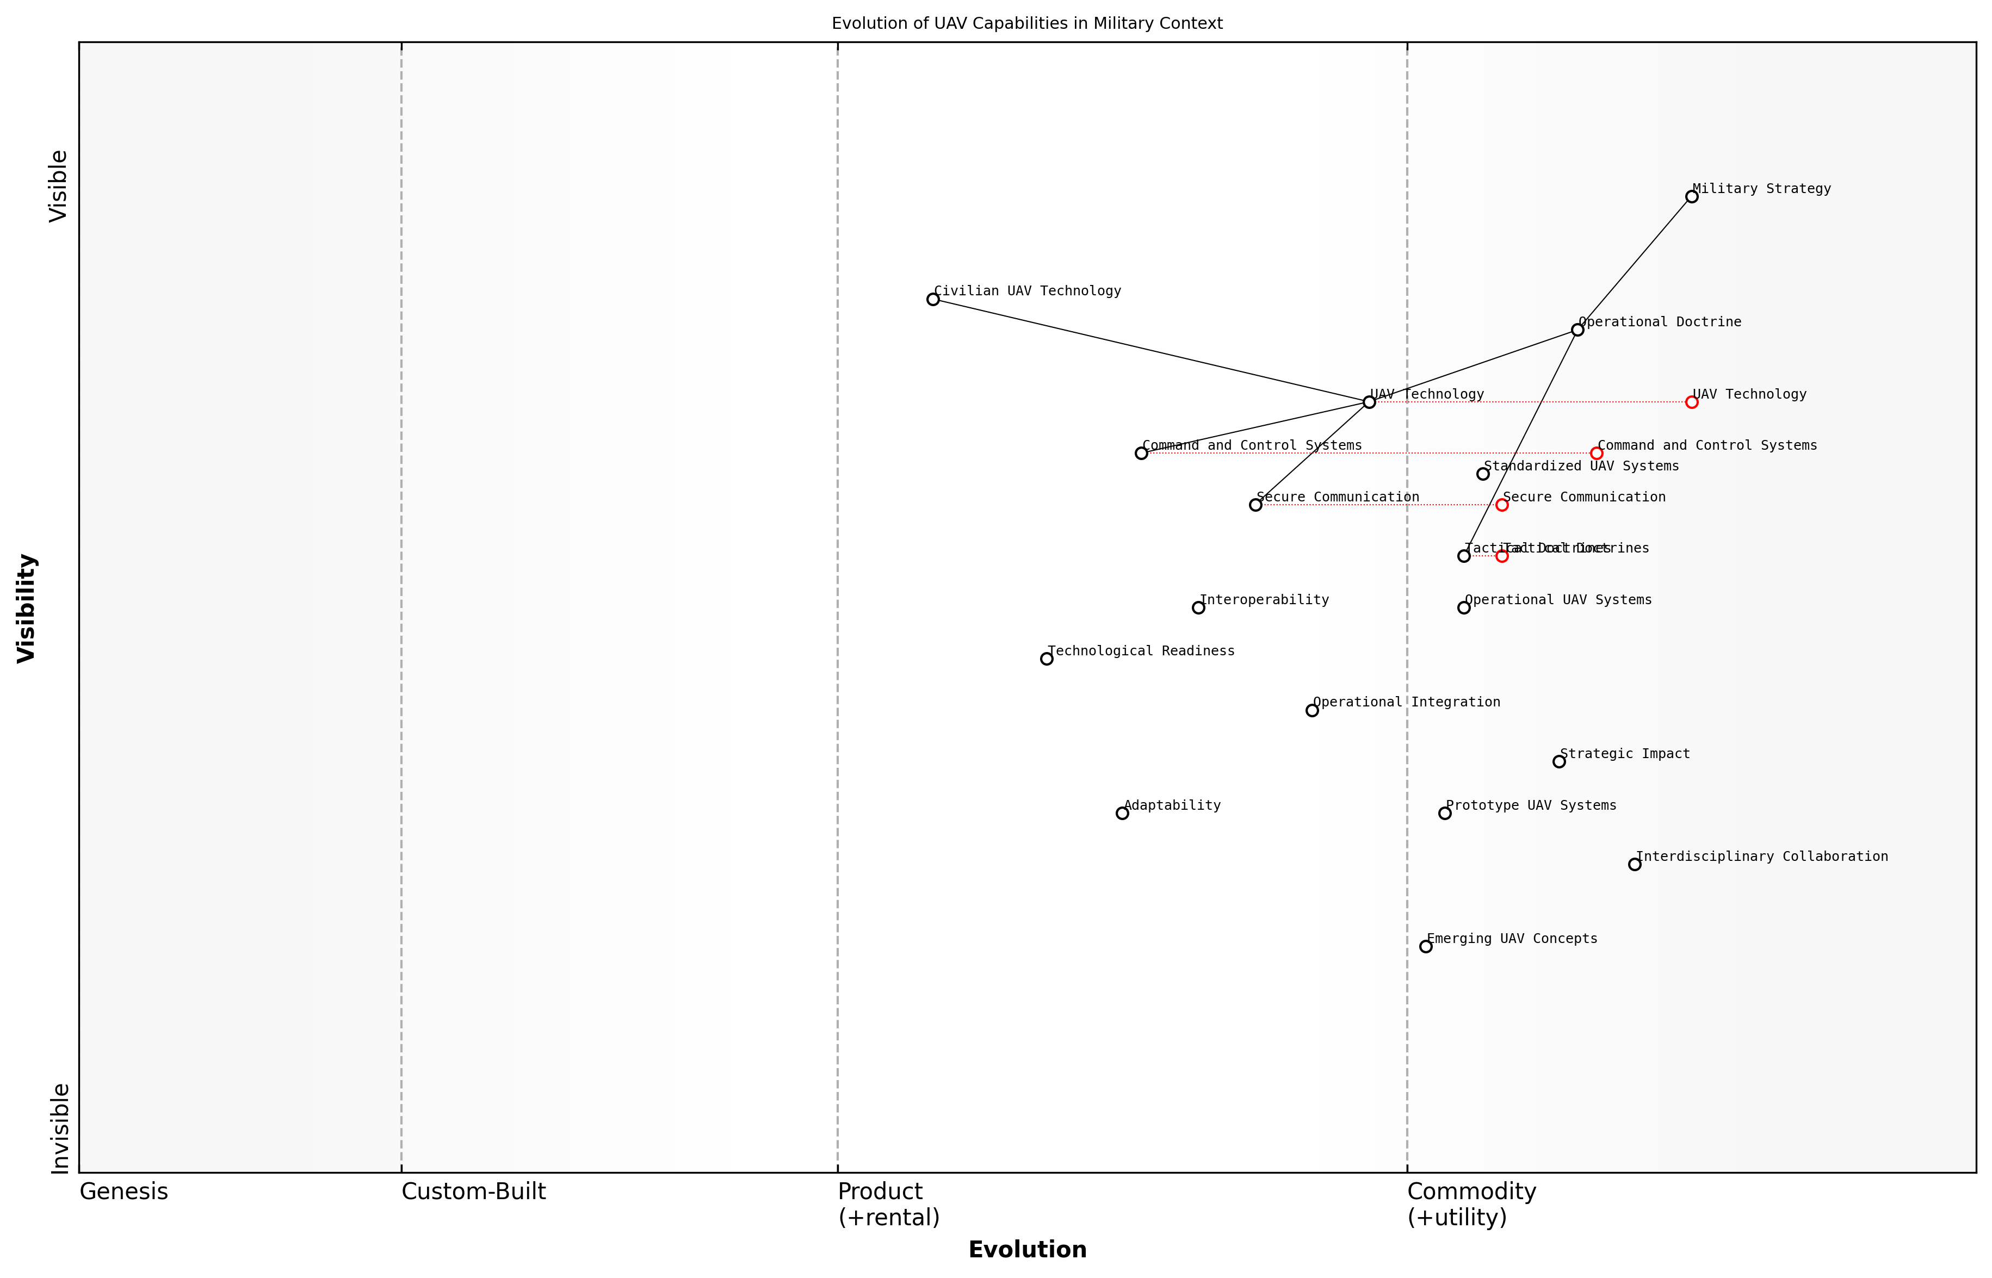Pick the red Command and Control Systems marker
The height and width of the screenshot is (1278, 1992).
tap(1596, 453)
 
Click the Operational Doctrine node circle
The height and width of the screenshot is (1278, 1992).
tap(1577, 330)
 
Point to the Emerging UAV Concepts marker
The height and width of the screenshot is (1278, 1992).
tap(1426, 946)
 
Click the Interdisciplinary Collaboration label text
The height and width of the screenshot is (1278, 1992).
tap(1761, 857)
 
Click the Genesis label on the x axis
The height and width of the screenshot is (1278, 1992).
tap(123, 1192)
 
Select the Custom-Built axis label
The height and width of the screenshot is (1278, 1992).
tap(473, 1192)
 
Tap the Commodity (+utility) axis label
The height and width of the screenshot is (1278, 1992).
tap(1471, 1203)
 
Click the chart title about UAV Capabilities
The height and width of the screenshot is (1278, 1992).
tap(1026, 23)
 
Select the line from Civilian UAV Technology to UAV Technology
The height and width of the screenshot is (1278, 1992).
tap(1150, 350)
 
